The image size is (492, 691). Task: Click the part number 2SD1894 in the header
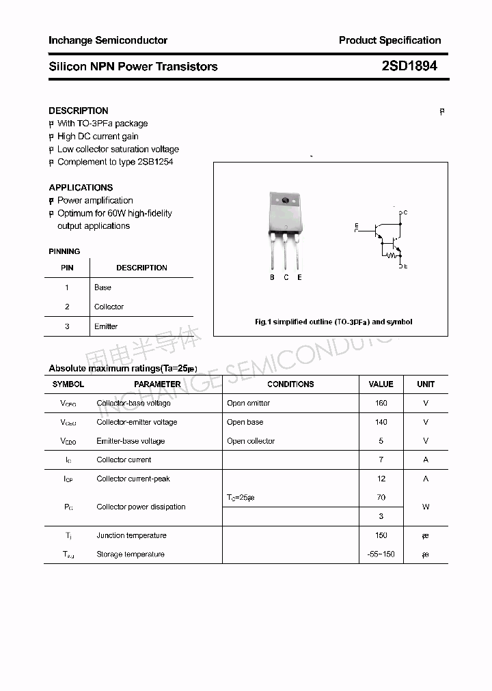click(409, 66)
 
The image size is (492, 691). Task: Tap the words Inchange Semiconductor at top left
click(108, 40)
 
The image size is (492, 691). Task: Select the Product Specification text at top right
click(389, 40)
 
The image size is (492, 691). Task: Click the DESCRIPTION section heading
click(79, 111)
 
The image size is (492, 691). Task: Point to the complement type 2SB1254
click(155, 162)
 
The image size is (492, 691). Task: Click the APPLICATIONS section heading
click(81, 187)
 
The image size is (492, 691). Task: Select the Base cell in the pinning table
click(102, 287)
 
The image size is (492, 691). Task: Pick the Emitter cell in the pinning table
click(106, 326)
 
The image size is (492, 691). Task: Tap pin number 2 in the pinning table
click(67, 307)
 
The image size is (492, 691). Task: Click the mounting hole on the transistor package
click(286, 201)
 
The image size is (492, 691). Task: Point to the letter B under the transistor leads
click(272, 277)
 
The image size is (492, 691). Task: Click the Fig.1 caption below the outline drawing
click(333, 322)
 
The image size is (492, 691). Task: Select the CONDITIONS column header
click(290, 384)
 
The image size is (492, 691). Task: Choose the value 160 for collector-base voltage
click(381, 403)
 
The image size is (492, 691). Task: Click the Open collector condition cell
click(251, 441)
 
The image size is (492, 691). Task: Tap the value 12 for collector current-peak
click(381, 479)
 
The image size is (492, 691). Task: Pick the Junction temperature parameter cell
click(131, 535)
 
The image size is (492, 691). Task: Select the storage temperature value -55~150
click(381, 554)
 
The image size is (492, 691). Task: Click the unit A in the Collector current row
click(425, 460)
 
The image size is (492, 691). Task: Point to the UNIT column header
click(425, 384)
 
